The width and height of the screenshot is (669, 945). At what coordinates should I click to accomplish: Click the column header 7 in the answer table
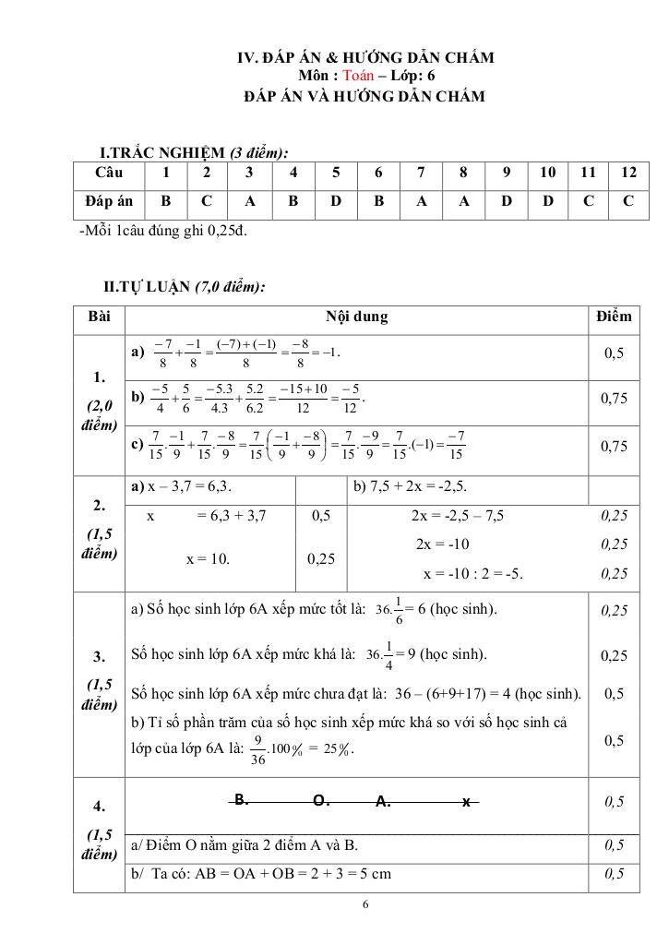coord(421,173)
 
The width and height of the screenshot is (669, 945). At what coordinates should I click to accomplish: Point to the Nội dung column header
coord(356,317)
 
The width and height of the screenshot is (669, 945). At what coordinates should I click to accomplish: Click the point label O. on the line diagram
coord(322,801)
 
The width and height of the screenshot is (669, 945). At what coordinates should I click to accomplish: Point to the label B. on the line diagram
coord(240,799)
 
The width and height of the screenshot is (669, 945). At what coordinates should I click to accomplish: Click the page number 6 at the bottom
coord(366,905)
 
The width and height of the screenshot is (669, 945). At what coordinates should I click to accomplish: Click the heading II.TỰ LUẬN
coord(185,287)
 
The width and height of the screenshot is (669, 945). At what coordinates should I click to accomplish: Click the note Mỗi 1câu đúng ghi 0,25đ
coord(163,230)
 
